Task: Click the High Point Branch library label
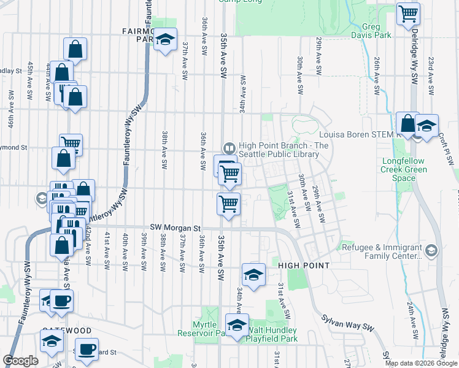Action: [279, 150]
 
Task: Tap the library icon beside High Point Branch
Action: [229, 148]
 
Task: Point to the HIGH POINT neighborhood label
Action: [304, 266]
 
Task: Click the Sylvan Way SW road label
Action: [347, 328]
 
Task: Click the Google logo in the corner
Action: [20, 361]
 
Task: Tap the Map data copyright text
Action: [421, 363]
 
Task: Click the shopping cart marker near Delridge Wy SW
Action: [408, 13]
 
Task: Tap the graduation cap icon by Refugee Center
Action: [431, 250]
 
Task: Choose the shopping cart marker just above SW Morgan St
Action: [229, 203]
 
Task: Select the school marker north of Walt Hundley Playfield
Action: [253, 274]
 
